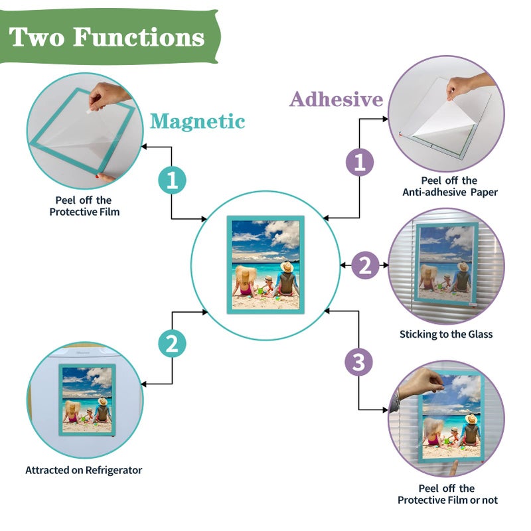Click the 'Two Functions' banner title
[x=107, y=37]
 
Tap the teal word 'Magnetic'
[x=197, y=121]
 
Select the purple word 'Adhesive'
[x=336, y=99]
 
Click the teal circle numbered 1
[x=172, y=180]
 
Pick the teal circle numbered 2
[x=172, y=343]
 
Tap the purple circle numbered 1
[x=359, y=162]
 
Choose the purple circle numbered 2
[x=365, y=265]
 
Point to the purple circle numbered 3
[x=358, y=362]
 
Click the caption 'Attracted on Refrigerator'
[x=84, y=470]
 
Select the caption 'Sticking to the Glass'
[x=446, y=335]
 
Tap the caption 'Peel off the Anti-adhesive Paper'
[x=450, y=187]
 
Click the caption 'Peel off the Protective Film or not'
[x=447, y=494]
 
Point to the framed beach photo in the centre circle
[x=265, y=265]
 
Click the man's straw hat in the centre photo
[x=287, y=267]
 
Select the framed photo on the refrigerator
[x=87, y=400]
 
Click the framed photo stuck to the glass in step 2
[x=446, y=263]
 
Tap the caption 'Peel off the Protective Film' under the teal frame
[x=84, y=206]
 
